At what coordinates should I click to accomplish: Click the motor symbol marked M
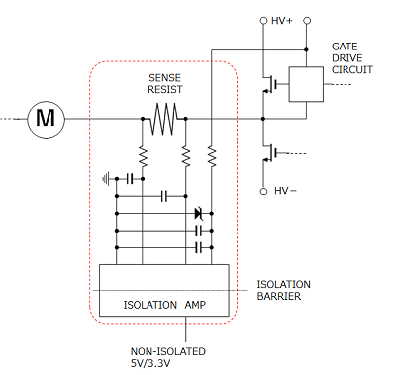[45, 119]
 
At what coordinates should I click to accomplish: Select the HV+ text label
[283, 20]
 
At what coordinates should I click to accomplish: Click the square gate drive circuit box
[305, 84]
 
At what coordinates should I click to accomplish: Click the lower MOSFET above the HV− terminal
[267, 153]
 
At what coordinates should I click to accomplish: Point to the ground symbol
[108, 179]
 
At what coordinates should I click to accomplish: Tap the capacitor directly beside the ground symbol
[130, 179]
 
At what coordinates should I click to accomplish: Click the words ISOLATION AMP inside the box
[166, 303]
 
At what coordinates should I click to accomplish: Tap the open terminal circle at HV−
[264, 190]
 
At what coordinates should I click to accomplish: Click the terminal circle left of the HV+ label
[264, 20]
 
